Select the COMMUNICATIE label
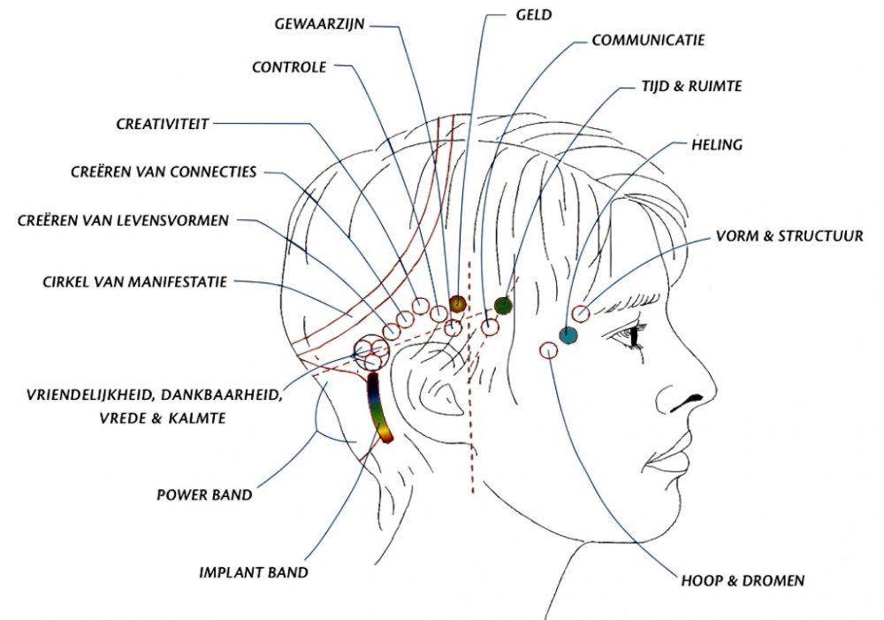coord(648,41)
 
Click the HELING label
coord(717,144)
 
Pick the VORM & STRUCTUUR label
coord(789,236)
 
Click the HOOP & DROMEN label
coord(743,581)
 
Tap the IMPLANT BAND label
coord(254,572)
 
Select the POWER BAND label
coord(204,495)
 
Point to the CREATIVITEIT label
coord(163,125)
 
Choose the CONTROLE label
coord(289,67)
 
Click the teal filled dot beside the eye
coord(568,334)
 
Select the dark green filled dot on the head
coord(503,306)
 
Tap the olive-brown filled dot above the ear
coord(457,303)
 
